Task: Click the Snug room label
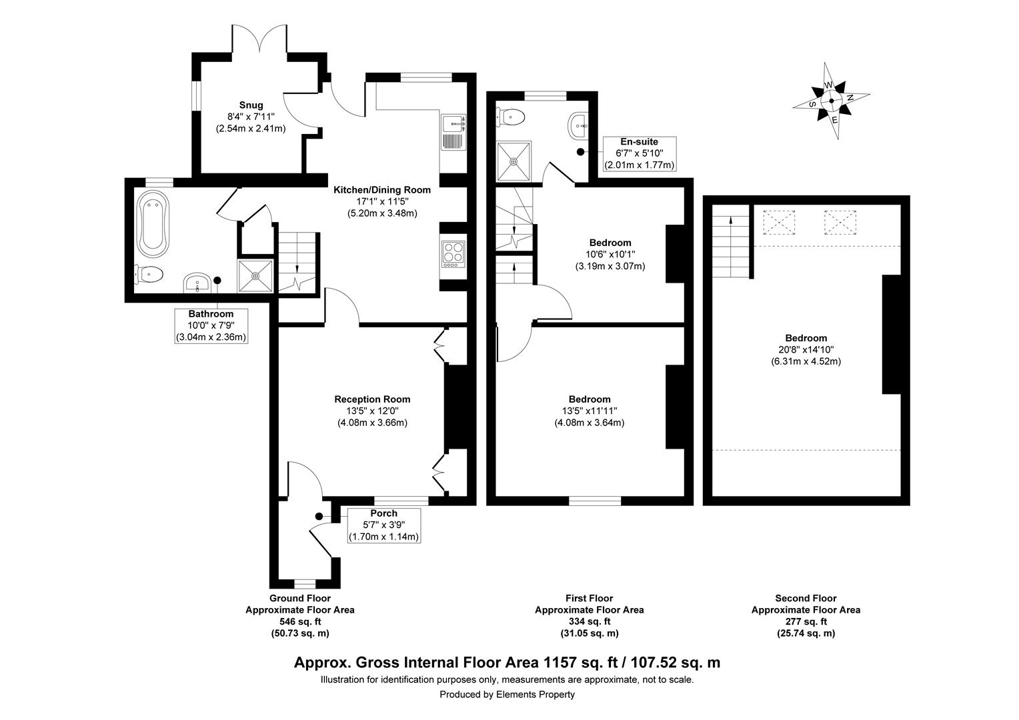point(251,105)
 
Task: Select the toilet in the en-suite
point(512,117)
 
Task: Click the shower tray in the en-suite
point(514,161)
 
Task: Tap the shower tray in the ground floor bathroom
point(256,275)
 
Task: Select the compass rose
point(831,101)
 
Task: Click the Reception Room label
point(372,399)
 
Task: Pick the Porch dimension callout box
point(383,525)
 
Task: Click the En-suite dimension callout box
point(639,153)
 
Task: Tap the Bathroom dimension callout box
point(211,325)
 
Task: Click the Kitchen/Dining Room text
point(382,190)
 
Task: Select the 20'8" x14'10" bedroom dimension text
point(806,350)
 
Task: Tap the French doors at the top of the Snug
point(259,41)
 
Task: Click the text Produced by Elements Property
point(507,695)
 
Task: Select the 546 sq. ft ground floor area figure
point(300,621)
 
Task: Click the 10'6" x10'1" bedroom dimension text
point(610,255)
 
